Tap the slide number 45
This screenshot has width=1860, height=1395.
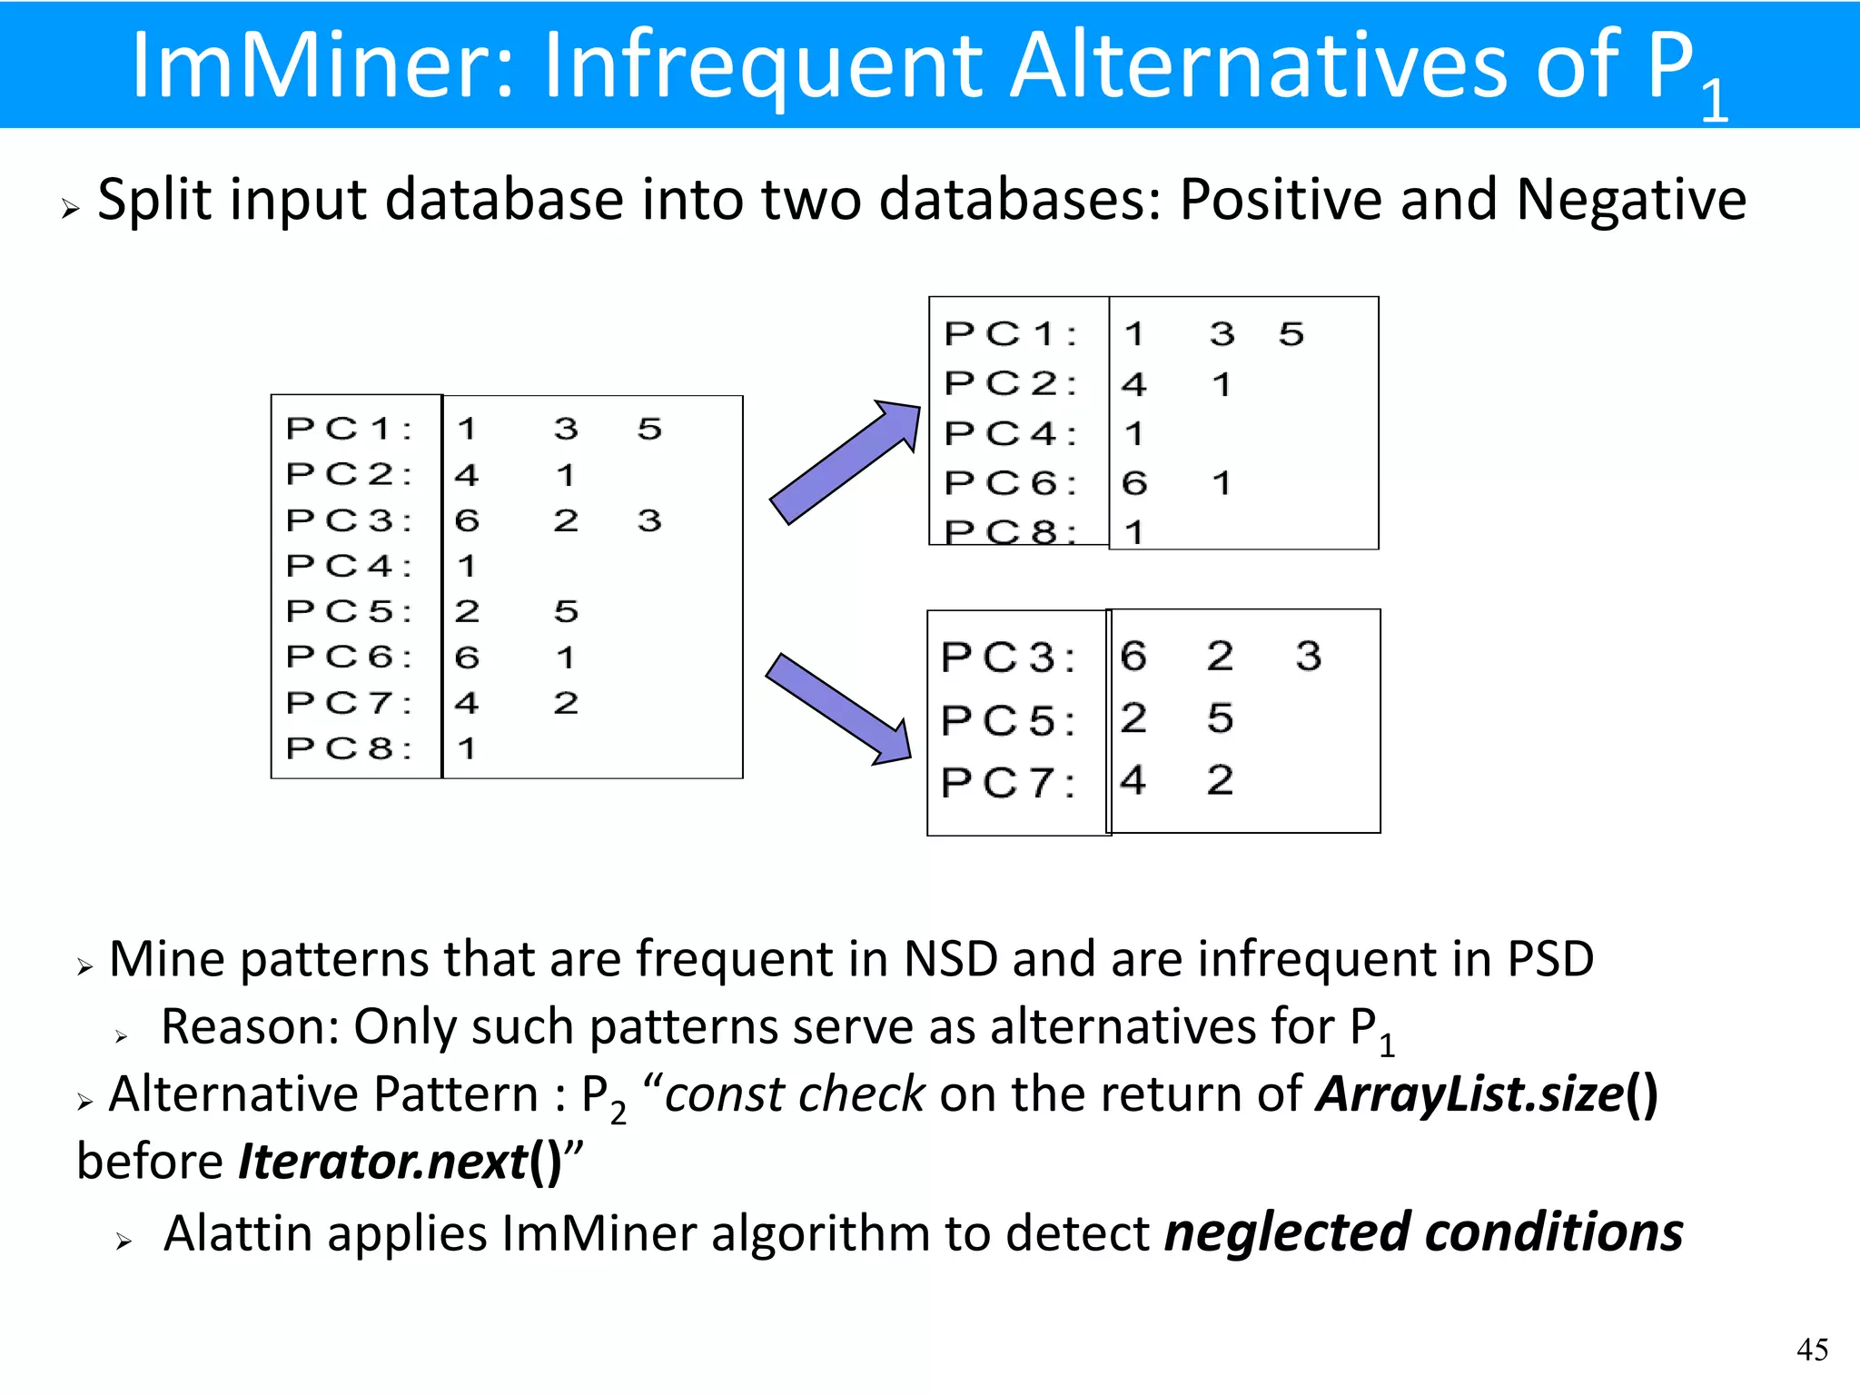click(x=1812, y=1350)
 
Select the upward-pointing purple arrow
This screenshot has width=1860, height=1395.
click(x=845, y=462)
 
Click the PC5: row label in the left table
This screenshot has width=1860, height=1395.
click(x=349, y=611)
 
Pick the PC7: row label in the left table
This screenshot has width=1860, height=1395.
click(x=349, y=703)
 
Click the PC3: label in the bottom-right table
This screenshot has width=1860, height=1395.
click(x=1008, y=658)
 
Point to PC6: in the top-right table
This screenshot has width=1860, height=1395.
click(x=1010, y=483)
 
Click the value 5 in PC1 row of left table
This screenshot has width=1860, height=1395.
click(x=649, y=429)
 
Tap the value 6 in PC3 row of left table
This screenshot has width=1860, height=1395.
click(x=467, y=520)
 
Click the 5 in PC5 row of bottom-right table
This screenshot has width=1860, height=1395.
click(x=1220, y=718)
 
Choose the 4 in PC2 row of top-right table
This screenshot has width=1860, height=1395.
click(x=1133, y=384)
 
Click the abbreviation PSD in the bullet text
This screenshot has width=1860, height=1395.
click(x=1550, y=959)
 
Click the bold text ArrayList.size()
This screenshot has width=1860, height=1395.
click(x=1487, y=1094)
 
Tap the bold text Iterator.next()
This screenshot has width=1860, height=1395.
click(x=400, y=1162)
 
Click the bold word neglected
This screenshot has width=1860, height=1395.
click(x=1287, y=1234)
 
